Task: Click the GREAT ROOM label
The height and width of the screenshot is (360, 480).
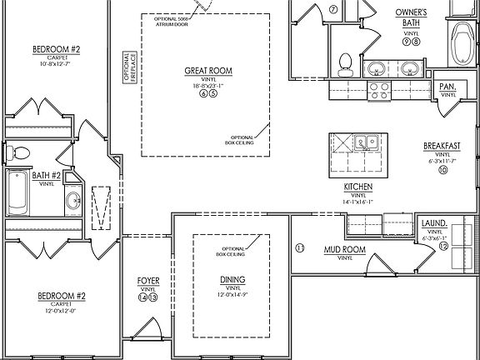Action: tap(208, 71)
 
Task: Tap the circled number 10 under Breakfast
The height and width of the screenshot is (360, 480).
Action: tap(442, 170)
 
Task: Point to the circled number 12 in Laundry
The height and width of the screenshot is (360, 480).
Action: tap(444, 247)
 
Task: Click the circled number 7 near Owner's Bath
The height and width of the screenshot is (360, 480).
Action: tap(333, 10)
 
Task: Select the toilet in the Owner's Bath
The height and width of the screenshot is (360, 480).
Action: tap(346, 62)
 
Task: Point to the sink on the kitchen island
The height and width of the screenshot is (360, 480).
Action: tap(364, 142)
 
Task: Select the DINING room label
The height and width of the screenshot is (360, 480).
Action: tap(232, 279)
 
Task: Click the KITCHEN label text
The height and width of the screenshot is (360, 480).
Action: tap(357, 187)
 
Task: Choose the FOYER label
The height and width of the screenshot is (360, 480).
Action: tap(147, 281)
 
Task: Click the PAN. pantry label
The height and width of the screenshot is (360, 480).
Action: tap(447, 86)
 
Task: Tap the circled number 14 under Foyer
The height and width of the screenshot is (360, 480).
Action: tap(142, 297)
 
